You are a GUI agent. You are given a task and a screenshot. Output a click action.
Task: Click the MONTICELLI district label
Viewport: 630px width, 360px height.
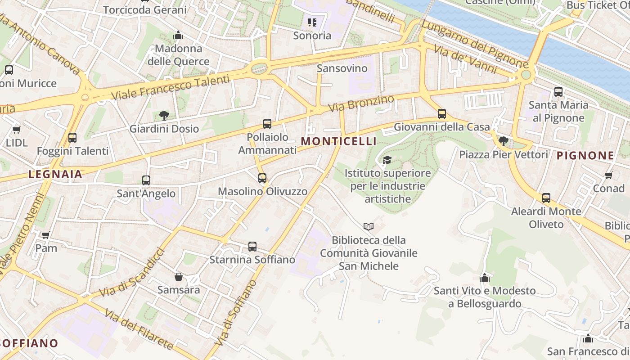pos(338,141)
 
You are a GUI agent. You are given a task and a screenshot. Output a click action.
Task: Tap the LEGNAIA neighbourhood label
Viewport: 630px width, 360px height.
pos(55,175)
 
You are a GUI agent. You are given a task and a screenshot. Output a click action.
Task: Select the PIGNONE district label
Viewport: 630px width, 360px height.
pos(585,156)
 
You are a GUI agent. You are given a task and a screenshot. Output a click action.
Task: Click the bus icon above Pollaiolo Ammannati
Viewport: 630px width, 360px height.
pos(267,123)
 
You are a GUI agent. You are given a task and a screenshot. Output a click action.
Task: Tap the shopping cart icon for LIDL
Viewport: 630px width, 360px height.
pos(17,130)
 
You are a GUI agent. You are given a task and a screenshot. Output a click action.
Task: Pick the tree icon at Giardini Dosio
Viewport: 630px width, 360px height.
pos(164,115)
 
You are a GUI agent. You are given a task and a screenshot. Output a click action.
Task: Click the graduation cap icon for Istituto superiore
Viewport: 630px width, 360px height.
pos(387,160)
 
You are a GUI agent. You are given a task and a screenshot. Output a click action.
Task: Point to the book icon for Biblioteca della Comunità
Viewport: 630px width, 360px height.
pos(369,226)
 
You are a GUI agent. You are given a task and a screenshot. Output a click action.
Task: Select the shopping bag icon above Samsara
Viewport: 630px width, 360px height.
pos(179,276)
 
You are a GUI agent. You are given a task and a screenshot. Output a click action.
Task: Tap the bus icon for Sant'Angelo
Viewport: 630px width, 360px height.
pos(146,180)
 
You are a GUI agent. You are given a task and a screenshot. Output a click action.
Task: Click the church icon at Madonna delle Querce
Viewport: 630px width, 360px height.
pos(179,35)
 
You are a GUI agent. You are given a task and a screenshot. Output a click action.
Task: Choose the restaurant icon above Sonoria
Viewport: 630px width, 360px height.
pos(312,22)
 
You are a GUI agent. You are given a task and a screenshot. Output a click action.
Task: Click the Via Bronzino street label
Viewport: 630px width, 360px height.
pos(361,103)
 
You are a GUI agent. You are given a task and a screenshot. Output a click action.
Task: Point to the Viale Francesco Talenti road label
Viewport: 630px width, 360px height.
pos(170,88)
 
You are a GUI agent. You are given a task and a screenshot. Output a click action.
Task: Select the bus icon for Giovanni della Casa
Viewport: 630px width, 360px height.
pos(442,114)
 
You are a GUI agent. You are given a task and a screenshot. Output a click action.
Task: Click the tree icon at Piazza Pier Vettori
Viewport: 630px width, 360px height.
pos(504,141)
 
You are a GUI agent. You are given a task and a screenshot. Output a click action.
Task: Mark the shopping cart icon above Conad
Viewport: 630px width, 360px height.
pos(609,175)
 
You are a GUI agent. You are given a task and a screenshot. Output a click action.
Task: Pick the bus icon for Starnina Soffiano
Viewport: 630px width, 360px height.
pos(252,247)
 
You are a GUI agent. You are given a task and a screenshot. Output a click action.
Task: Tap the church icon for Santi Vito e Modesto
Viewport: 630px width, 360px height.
pos(485,278)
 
